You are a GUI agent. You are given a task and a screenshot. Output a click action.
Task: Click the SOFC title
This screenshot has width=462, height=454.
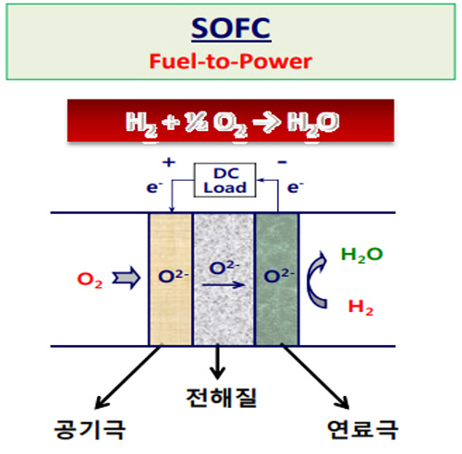tap(231, 28)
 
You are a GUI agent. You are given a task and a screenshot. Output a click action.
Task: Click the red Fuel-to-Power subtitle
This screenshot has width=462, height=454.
tap(231, 61)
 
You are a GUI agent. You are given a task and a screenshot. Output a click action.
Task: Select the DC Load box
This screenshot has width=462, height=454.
tap(225, 180)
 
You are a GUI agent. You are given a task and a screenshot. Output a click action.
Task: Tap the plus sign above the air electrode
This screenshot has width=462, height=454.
tap(169, 162)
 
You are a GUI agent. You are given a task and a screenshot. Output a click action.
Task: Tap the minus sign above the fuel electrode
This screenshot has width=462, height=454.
tap(283, 162)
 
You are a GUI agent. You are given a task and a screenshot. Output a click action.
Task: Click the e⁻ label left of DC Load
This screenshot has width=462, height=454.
tap(154, 187)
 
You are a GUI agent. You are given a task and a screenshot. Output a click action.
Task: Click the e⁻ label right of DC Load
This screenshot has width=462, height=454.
tap(296, 187)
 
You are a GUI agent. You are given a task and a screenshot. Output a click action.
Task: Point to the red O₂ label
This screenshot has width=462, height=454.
tap(90, 281)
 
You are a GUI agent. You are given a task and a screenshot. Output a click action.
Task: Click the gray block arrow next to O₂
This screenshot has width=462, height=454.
tap(127, 278)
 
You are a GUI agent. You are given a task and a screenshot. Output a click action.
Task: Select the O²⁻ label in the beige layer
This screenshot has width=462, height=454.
tap(173, 276)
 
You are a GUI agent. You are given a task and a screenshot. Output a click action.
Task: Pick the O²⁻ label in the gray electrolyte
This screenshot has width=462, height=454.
tap(225, 268)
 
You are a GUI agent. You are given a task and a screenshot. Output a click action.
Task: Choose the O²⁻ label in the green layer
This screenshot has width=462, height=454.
tap(279, 276)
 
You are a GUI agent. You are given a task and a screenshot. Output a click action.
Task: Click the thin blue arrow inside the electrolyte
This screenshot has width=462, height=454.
tap(224, 285)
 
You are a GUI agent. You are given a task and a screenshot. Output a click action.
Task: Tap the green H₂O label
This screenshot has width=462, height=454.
tap(362, 255)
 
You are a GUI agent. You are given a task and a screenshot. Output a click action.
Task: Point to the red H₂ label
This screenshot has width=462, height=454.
tap(360, 307)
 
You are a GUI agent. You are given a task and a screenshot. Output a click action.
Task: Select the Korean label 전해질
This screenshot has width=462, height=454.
tap(222, 398)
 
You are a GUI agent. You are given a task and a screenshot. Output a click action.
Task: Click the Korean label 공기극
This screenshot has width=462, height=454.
tap(90, 429)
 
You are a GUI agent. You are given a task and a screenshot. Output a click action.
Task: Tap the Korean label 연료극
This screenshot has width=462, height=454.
tap(362, 429)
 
